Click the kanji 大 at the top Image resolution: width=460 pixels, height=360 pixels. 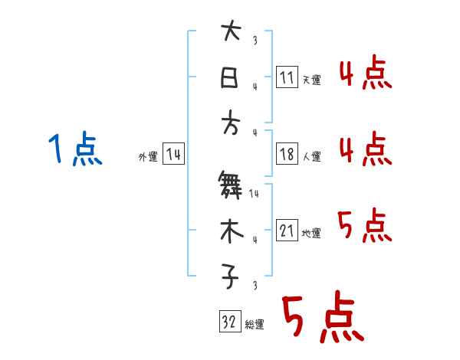pos(230,32)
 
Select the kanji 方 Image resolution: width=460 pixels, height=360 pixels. pos(230,125)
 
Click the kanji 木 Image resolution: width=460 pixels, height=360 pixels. pos(230,232)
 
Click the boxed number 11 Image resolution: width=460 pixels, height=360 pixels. pos(287,77)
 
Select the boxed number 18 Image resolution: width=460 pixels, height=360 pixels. pos(287,154)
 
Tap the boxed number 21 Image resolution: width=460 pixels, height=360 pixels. pos(287,231)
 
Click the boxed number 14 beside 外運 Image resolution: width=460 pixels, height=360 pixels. pos(173,154)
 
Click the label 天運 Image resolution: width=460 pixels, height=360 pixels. pos(311,80)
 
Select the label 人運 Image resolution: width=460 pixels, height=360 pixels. pos(311,156)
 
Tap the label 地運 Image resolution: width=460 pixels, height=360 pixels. pos(311,233)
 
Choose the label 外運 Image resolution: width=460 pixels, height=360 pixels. pos(147,156)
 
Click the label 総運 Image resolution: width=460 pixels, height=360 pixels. pos(255,324)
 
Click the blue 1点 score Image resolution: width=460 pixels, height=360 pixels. pos(74,149)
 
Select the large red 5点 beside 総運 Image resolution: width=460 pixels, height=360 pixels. pos(321,319)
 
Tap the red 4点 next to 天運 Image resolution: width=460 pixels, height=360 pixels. pos(365,74)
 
